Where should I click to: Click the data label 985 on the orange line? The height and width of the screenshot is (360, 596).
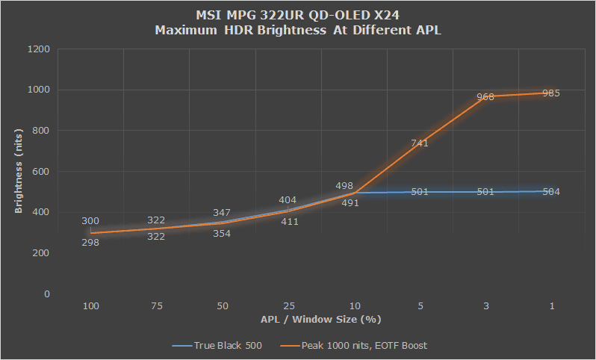[x=551, y=93]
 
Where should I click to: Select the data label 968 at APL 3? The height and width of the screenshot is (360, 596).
[x=485, y=97]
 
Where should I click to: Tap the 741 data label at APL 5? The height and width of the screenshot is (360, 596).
[x=419, y=143]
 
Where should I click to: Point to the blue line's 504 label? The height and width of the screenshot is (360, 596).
[x=551, y=192]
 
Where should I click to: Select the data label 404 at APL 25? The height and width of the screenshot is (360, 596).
[x=288, y=200]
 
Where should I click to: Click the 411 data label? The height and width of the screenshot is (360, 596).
[x=288, y=222]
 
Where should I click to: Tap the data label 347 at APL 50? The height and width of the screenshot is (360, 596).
[x=222, y=212]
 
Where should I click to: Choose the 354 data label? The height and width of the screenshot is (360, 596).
[x=222, y=234]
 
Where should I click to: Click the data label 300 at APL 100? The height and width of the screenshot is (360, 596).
[x=90, y=221]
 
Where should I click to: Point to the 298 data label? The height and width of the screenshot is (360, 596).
[x=90, y=243]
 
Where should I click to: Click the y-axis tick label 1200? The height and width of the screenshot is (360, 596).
[x=38, y=49]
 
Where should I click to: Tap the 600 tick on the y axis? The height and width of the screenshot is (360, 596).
[x=41, y=172]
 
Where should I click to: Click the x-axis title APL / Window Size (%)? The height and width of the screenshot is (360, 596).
[x=320, y=320]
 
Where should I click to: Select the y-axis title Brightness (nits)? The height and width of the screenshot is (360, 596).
[x=18, y=171]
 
